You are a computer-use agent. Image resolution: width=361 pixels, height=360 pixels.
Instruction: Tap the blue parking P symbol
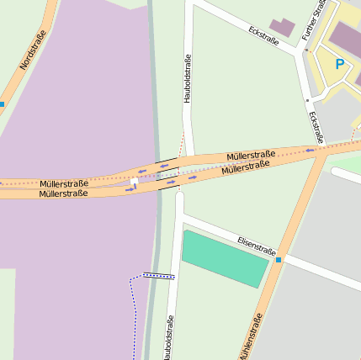340,64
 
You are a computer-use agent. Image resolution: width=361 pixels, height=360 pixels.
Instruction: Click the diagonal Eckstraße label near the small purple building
264,35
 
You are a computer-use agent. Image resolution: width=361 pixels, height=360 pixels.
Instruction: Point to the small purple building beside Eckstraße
283,27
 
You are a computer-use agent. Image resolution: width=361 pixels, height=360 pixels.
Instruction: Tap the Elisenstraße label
257,246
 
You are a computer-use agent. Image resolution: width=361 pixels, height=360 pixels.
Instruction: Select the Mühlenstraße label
250,336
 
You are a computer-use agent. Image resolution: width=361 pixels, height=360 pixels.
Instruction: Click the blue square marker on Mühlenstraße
279,260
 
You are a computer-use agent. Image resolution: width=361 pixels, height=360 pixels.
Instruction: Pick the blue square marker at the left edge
2,104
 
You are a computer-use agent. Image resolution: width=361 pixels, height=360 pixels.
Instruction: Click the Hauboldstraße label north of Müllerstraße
187,78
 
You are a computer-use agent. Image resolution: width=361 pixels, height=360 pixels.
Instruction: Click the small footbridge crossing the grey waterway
158,275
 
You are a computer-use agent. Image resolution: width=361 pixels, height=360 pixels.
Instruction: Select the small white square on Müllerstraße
134,181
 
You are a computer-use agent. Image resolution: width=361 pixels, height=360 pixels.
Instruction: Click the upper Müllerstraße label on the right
251,156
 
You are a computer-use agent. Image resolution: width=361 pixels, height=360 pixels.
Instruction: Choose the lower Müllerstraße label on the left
63,194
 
